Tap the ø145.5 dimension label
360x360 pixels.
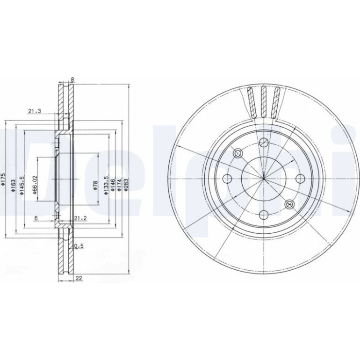click(22, 186)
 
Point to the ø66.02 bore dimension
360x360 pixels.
click(35, 185)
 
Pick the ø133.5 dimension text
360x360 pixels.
click(106, 186)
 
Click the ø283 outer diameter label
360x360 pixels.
click(126, 184)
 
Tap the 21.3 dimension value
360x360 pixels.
click(35, 111)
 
